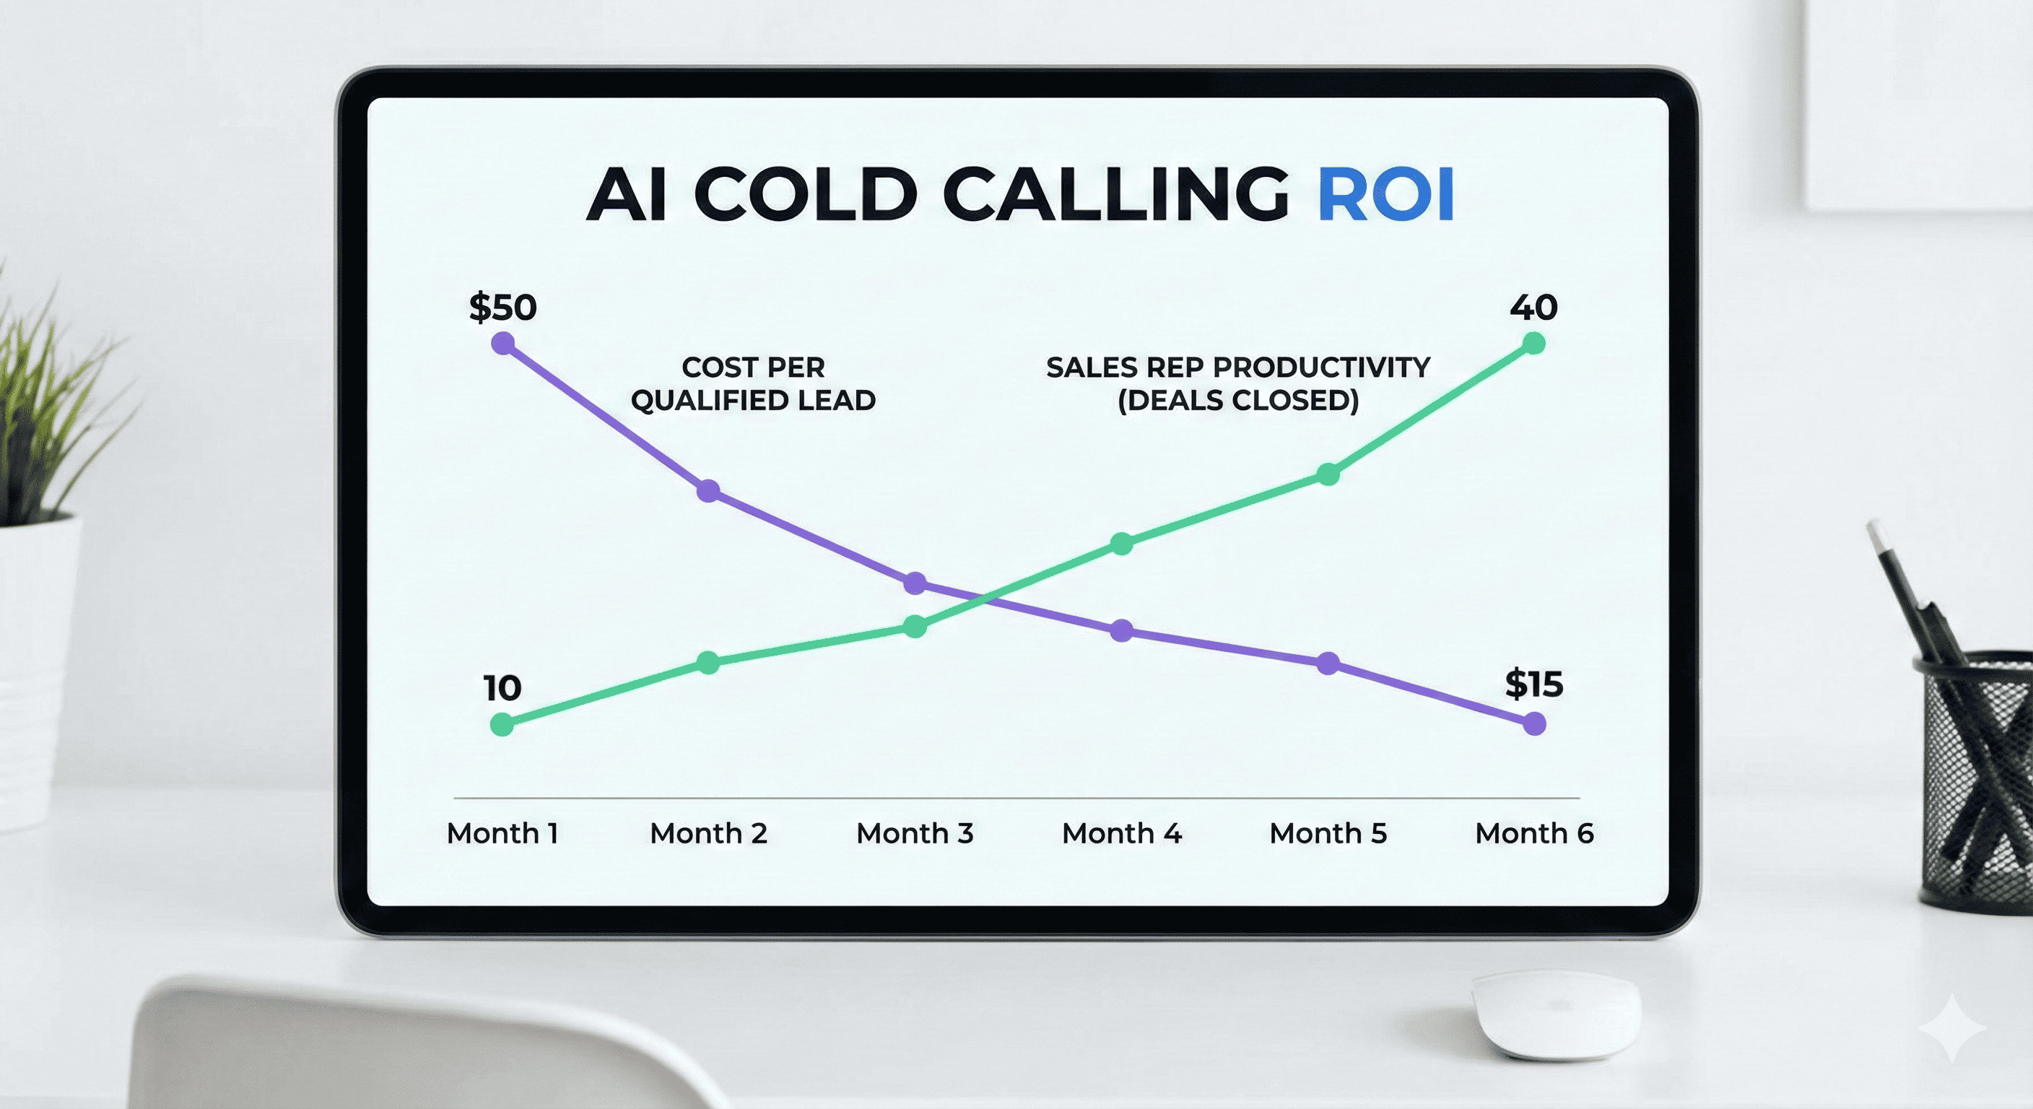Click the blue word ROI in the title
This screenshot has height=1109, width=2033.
pyautogui.click(x=1386, y=194)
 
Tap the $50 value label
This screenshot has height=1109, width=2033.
pyautogui.click(x=502, y=307)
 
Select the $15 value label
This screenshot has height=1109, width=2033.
pyautogui.click(x=1533, y=684)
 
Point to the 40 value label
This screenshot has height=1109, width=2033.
pyautogui.click(x=1533, y=307)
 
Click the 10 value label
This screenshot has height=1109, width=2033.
pyautogui.click(x=502, y=688)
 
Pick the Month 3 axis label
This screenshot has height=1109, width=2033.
pyautogui.click(x=915, y=832)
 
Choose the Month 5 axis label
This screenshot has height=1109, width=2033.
pyautogui.click(x=1328, y=832)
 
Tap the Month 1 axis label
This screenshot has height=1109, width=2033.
pyautogui.click(x=502, y=832)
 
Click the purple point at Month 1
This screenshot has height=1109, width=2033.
pyautogui.click(x=502, y=344)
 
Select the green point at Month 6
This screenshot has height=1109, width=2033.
pyautogui.click(x=1533, y=344)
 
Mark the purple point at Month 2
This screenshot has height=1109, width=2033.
pyautogui.click(x=709, y=491)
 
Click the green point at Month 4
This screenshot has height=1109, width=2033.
pyautogui.click(x=1121, y=543)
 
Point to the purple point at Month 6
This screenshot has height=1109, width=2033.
pyautogui.click(x=1534, y=723)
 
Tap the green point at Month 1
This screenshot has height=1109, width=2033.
pyautogui.click(x=502, y=723)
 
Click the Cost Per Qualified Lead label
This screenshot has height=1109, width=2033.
pyautogui.click(x=753, y=383)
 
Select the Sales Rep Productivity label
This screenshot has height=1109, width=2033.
pyautogui.click(x=1238, y=383)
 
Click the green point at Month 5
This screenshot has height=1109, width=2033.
pyautogui.click(x=1328, y=474)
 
